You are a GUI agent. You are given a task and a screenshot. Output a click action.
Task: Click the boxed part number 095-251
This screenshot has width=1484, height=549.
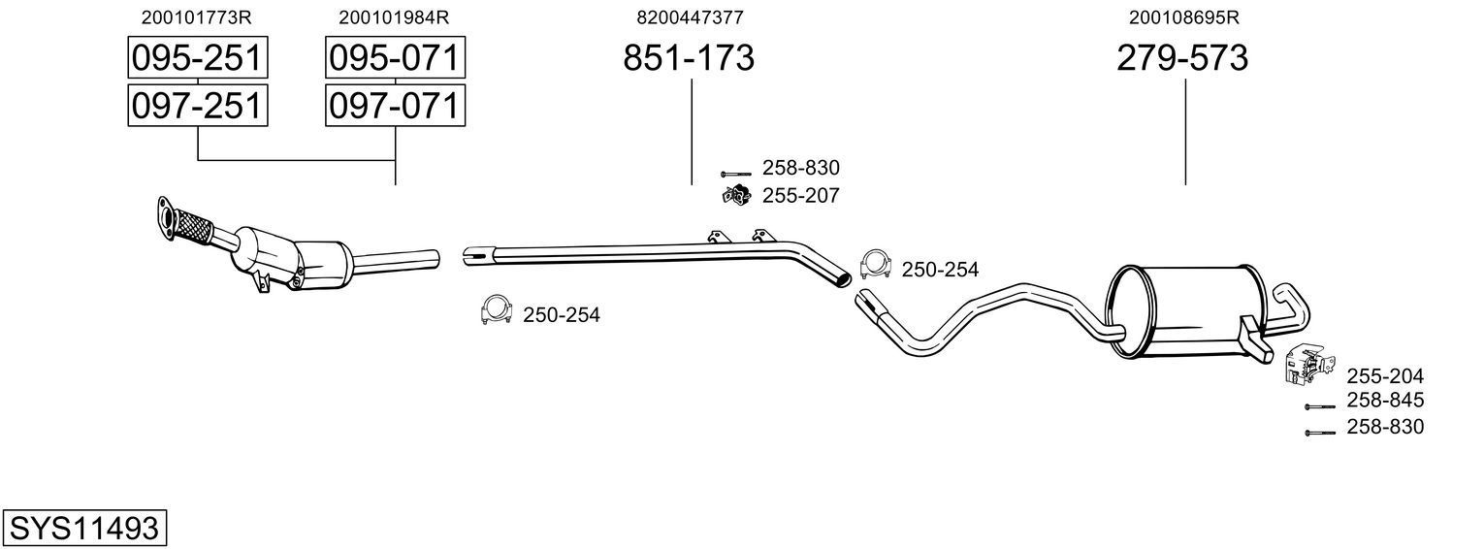[x=198, y=59]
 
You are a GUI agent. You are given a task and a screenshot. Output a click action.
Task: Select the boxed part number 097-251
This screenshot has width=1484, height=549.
[x=198, y=105]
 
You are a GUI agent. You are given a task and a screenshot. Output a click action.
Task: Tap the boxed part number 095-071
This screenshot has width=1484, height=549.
[x=394, y=59]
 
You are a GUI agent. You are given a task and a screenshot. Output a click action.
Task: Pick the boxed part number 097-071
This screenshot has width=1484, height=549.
[x=394, y=105]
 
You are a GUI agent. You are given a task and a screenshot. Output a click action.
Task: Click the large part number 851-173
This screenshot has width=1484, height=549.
[x=688, y=59]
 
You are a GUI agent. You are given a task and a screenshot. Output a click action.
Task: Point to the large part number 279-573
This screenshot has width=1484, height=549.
[x=1182, y=59]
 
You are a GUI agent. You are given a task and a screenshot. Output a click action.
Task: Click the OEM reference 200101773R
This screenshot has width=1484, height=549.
[x=197, y=17]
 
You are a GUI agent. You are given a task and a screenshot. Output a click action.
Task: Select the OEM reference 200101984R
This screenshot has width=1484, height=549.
[x=394, y=17]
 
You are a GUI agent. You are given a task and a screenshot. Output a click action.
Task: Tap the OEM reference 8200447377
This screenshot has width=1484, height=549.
[x=690, y=17]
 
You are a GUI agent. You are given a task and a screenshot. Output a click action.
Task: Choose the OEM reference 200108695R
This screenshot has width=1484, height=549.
[x=1184, y=17]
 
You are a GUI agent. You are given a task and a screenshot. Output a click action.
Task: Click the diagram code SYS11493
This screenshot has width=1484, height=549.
[x=83, y=529]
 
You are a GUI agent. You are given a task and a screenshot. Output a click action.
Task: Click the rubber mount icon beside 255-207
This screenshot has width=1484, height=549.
[x=736, y=195]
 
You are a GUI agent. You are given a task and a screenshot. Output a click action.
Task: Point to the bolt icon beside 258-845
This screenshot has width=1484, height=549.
[x=1319, y=406]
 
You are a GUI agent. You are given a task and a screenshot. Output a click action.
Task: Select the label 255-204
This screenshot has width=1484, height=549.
[x=1384, y=376]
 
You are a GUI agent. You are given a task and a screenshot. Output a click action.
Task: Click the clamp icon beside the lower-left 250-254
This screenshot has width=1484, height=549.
[x=496, y=310]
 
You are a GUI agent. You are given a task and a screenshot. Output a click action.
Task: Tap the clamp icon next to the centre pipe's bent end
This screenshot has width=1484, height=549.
[x=875, y=265]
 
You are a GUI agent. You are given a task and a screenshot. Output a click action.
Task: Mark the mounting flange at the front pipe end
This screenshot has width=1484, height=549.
[x=166, y=216]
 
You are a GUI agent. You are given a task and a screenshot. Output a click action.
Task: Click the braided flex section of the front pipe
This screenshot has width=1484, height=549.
[x=194, y=230]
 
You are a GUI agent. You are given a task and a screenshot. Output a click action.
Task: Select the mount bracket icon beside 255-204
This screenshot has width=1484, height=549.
[x=1305, y=364]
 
